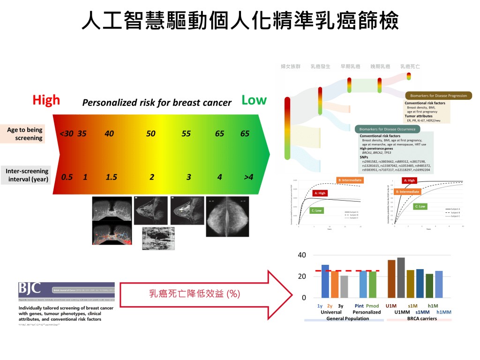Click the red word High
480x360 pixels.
(46, 100)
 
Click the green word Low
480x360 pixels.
(254, 100)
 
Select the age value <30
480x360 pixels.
(66, 134)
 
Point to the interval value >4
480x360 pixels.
(248, 177)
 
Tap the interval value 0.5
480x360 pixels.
(67, 177)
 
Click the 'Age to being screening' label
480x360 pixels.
(25, 134)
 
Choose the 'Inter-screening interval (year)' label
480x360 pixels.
(27, 175)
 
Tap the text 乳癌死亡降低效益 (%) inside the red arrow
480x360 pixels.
(195, 294)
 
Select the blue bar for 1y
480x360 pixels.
(325, 281)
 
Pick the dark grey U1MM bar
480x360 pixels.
(401, 277)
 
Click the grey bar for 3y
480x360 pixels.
(344, 286)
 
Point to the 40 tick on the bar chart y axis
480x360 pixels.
(302, 255)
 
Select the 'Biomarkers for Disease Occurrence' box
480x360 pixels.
(388, 129)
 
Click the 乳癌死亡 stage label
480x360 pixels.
(410, 67)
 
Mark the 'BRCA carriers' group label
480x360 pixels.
(419, 318)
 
